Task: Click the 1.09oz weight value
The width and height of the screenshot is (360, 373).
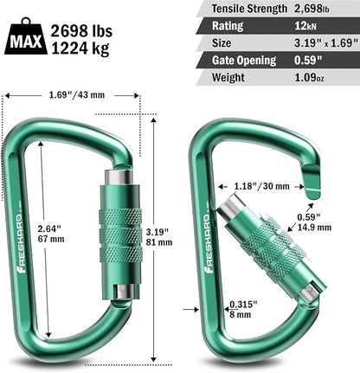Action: [318, 78]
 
